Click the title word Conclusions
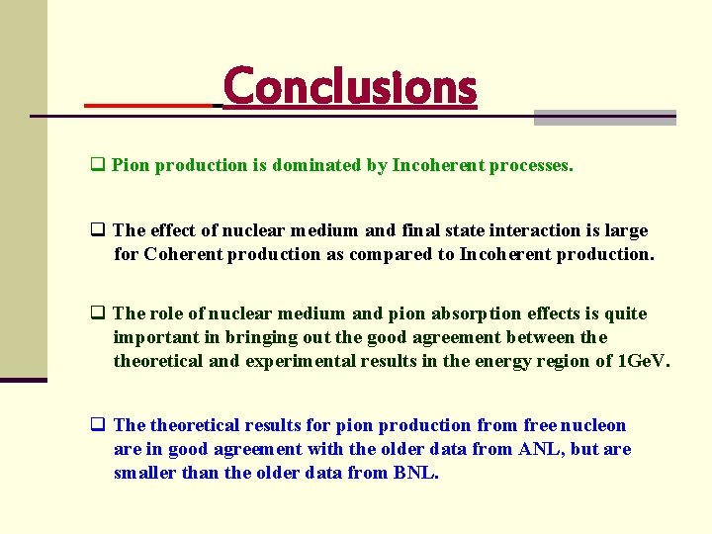[350, 88]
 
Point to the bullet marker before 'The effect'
[98, 230]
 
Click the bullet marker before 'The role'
[98, 314]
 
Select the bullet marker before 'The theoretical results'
[98, 426]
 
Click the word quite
[625, 314]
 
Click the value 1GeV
[642, 362]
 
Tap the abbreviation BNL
[414, 474]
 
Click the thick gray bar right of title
[604, 118]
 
